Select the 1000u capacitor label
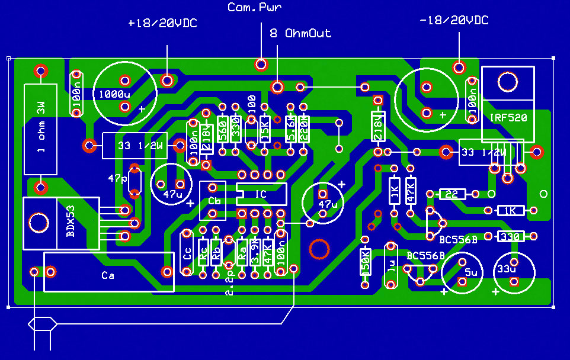[114, 94]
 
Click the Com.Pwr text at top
[255, 8]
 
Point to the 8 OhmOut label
[300, 33]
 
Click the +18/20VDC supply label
[162, 23]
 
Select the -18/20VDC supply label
[453, 21]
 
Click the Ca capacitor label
[108, 275]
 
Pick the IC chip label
[261, 193]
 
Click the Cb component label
[214, 201]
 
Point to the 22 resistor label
[451, 194]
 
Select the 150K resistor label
[366, 261]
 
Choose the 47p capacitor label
[117, 178]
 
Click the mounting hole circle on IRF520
[508, 82]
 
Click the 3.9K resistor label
[255, 251]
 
